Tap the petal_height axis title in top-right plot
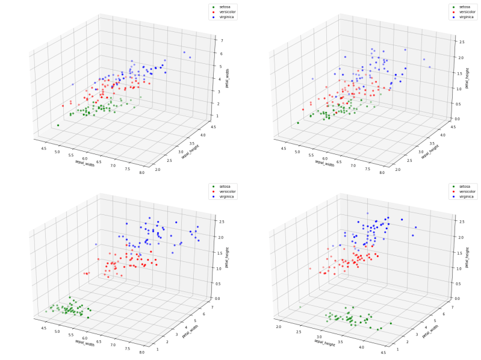467,79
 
